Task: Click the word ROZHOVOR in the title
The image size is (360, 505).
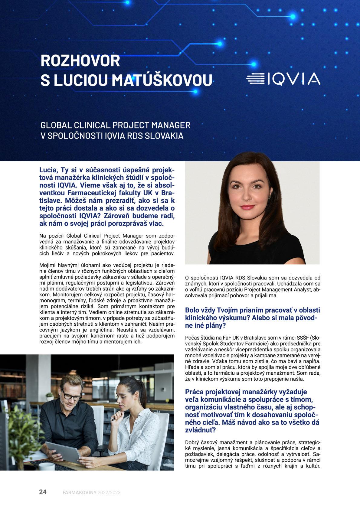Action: click(x=80, y=61)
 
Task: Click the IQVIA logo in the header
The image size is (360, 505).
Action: click(x=283, y=79)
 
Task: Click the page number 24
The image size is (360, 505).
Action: click(x=43, y=492)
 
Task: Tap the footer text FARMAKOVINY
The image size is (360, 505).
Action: click(x=79, y=493)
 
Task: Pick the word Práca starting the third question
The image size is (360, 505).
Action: click(x=194, y=392)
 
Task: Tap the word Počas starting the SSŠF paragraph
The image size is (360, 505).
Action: click(x=192, y=338)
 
